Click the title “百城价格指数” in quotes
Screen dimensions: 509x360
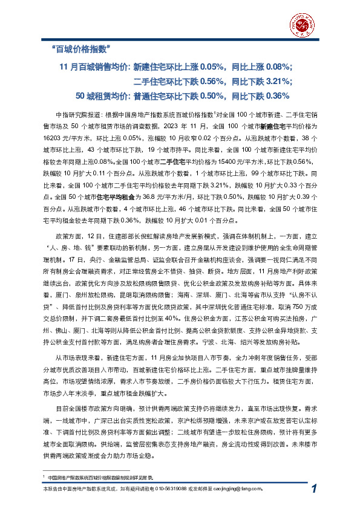tap(81, 49)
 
